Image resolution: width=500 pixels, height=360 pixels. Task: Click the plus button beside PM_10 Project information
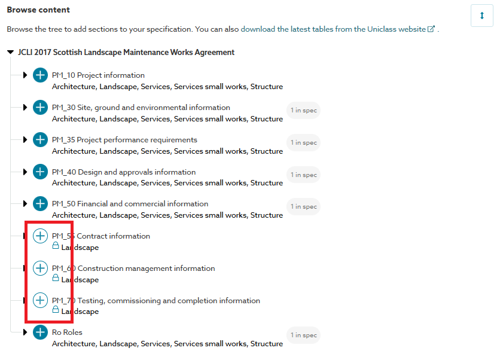[x=40, y=75]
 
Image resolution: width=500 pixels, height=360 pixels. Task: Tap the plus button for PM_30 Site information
[x=40, y=108]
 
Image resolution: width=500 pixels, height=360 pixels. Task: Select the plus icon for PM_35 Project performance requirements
[x=40, y=140]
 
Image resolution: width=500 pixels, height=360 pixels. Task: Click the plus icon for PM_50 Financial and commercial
[x=40, y=204]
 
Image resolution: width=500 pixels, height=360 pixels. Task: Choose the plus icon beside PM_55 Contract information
[x=40, y=236]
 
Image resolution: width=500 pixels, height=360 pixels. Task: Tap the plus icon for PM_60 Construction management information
[x=40, y=269]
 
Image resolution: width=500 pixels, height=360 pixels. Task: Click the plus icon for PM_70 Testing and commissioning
[x=40, y=300]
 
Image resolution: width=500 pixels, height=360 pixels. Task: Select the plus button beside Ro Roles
[x=40, y=332]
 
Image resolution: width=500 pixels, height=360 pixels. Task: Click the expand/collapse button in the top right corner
[x=482, y=16]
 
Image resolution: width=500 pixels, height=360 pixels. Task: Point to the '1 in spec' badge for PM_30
[x=304, y=111]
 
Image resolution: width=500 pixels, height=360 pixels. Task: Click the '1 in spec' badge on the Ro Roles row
[x=304, y=335]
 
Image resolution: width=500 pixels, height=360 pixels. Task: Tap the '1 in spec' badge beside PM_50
[x=304, y=207]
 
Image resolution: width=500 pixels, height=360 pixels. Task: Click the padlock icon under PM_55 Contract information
[x=56, y=246]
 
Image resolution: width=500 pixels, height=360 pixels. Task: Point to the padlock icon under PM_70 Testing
[x=56, y=310]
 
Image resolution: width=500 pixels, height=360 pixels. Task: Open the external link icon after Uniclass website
[x=431, y=29]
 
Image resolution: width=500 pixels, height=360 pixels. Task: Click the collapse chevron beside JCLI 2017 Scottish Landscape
[x=10, y=53]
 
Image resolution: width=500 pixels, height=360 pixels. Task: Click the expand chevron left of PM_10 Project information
[x=25, y=75]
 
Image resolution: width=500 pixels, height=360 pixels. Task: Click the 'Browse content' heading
[x=38, y=10]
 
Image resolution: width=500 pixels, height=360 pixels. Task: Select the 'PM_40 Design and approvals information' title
[x=124, y=172]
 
